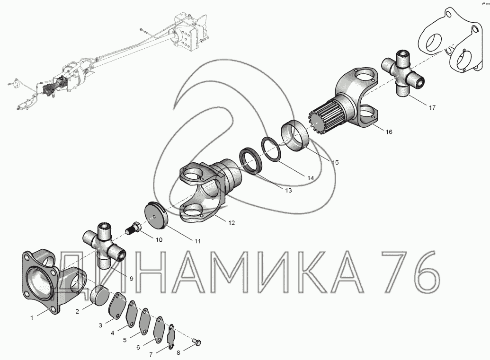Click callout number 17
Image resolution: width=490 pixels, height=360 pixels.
[x=432, y=108]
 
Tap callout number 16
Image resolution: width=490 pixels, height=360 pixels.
[x=389, y=132]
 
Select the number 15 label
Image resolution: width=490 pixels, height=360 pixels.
[x=335, y=163]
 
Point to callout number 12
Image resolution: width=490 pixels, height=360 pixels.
[x=231, y=223]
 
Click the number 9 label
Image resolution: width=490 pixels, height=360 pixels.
[x=131, y=279]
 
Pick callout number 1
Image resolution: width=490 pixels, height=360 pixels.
[x=32, y=318]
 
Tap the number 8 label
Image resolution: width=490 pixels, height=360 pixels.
[x=178, y=353]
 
